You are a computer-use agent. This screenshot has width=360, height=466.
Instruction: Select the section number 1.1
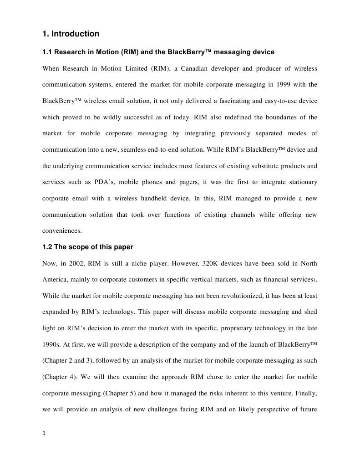click(47, 52)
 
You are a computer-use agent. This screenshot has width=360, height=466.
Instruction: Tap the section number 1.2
click(47, 247)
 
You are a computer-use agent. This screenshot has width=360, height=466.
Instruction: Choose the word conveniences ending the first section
click(62, 230)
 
